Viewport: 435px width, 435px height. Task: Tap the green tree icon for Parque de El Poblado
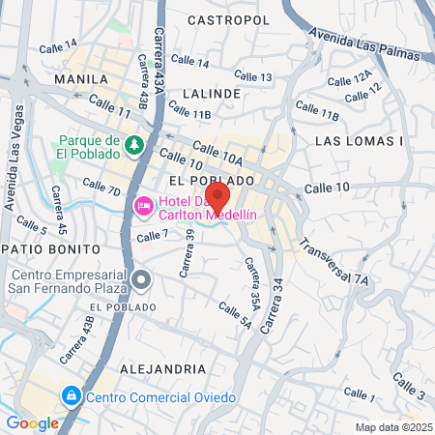(x=135, y=145)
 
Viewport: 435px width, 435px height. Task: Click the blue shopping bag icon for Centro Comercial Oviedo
(x=71, y=396)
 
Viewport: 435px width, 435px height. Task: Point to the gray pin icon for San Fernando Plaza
(x=142, y=281)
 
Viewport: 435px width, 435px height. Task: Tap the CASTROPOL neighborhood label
(x=228, y=19)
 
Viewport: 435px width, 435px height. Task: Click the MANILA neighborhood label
(x=81, y=79)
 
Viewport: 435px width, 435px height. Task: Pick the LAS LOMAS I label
(x=359, y=141)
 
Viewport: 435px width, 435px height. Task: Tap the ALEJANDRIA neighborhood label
(x=163, y=369)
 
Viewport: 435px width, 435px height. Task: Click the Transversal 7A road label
(x=333, y=261)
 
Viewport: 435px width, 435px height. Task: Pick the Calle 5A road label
(x=234, y=317)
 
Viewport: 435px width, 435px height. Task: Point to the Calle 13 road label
(x=253, y=76)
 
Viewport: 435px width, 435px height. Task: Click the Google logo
(x=32, y=422)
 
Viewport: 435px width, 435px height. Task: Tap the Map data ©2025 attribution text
(x=392, y=427)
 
